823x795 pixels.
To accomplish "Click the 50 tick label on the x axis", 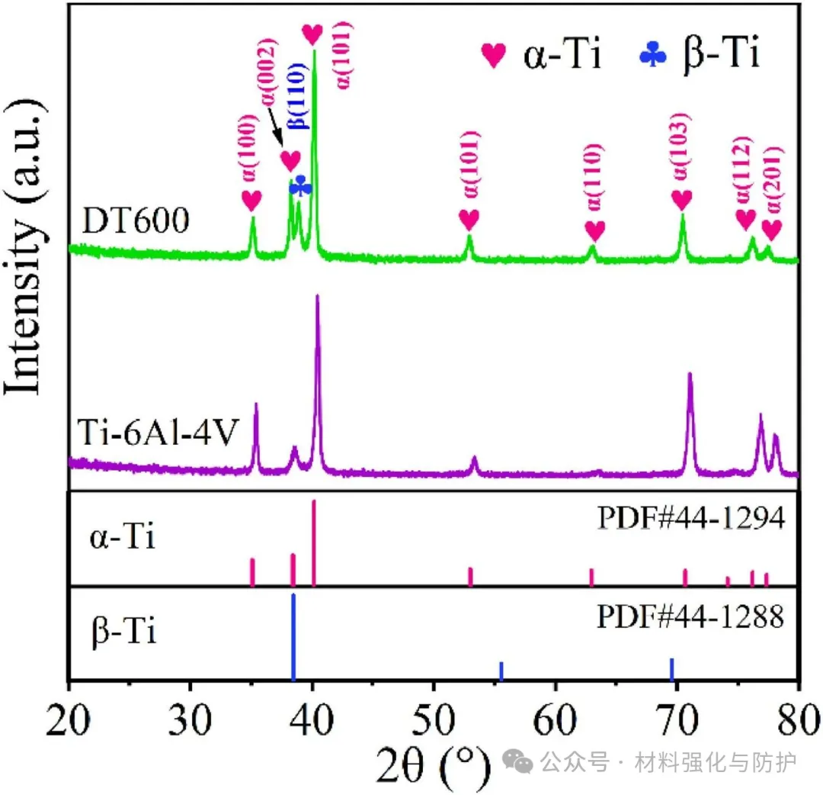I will click(x=434, y=719).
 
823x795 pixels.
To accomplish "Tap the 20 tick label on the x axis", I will click(x=69, y=719).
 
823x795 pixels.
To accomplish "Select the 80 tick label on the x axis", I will click(x=797, y=719).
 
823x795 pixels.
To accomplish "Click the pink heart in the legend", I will click(x=494, y=55).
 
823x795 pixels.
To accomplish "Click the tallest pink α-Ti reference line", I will click(x=314, y=542).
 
